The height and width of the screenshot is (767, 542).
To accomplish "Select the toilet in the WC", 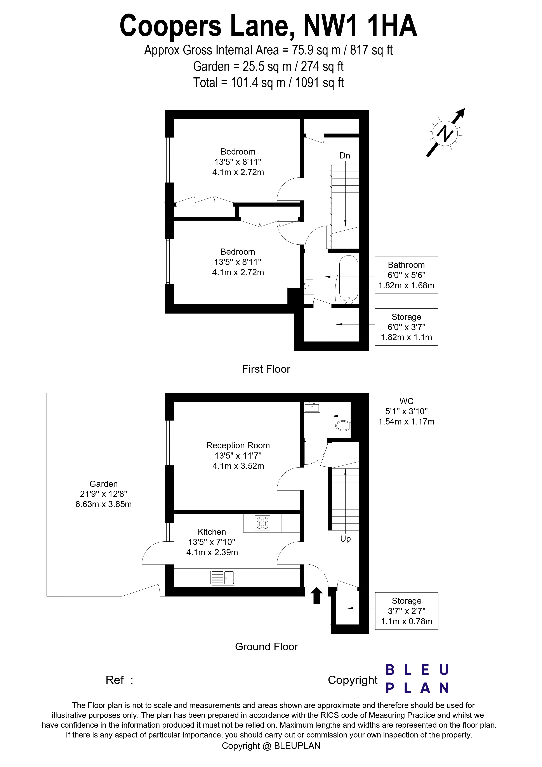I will point(342,426).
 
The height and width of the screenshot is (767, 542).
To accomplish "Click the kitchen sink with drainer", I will point(223,587).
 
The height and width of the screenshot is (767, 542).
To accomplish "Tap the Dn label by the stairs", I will point(345,156).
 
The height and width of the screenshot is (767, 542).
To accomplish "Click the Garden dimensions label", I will point(104,494).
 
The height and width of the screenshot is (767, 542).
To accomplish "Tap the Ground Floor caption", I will point(266,656).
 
